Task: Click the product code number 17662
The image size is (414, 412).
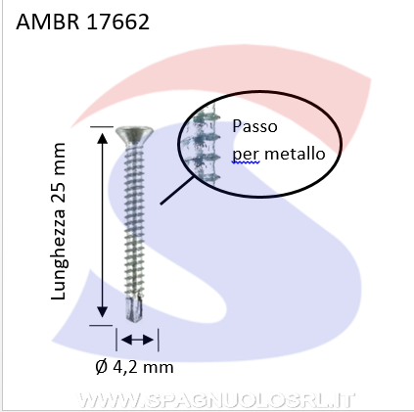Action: click(x=118, y=22)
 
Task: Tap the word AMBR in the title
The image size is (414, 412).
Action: click(x=48, y=22)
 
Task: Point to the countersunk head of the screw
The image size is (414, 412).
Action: click(x=134, y=135)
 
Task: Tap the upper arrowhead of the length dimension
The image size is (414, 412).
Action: click(x=103, y=138)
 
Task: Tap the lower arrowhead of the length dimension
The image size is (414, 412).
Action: click(x=103, y=312)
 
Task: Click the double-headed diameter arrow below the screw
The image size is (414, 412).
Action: click(x=137, y=340)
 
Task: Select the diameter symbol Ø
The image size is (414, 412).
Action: click(x=102, y=367)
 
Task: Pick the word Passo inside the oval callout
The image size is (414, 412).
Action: click(x=254, y=126)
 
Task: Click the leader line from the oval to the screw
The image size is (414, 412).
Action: click(x=176, y=191)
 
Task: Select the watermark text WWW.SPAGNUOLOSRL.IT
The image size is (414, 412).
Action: click(x=215, y=400)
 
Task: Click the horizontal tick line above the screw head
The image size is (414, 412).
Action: click(x=102, y=126)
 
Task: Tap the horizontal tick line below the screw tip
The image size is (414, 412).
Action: click(x=101, y=325)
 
